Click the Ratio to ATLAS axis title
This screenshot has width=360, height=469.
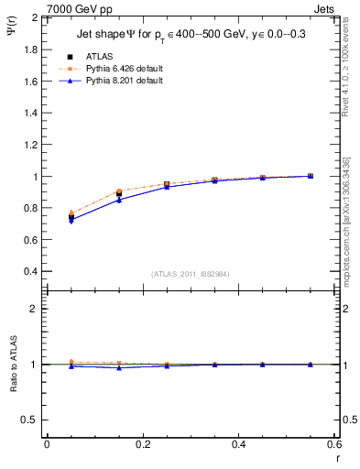click(14, 364)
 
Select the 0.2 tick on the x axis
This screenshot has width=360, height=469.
click(142, 444)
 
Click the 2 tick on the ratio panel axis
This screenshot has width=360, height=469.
click(34, 309)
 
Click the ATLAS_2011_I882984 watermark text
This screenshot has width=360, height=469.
click(191, 274)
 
